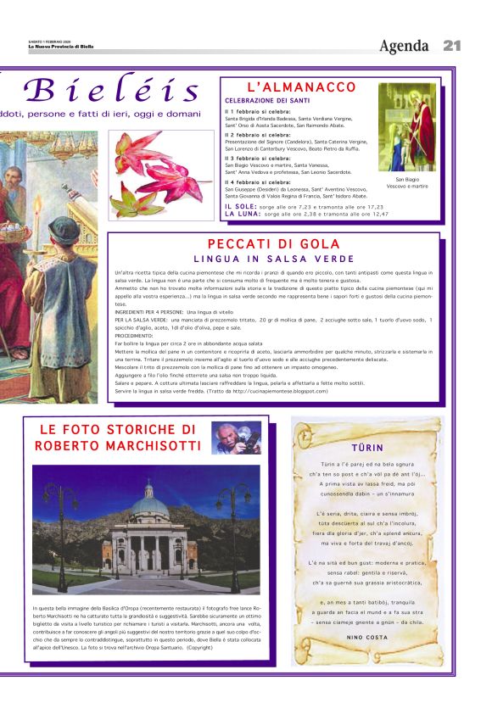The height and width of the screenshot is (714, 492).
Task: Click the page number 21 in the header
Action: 451,46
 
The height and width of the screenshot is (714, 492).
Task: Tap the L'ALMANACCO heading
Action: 301,87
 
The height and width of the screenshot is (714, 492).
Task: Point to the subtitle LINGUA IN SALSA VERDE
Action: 274,259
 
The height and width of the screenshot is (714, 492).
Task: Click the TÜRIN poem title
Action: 366,447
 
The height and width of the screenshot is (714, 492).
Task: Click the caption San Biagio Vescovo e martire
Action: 407,182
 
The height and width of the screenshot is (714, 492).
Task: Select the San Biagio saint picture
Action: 407,127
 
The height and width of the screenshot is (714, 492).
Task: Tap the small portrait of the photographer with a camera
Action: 236,438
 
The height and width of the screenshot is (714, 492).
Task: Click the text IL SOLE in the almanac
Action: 241,206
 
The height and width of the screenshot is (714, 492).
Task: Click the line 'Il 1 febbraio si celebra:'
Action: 257,111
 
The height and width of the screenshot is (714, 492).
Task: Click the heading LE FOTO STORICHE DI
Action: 118,430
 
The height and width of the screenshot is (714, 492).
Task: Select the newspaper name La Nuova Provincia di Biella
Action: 59,47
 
